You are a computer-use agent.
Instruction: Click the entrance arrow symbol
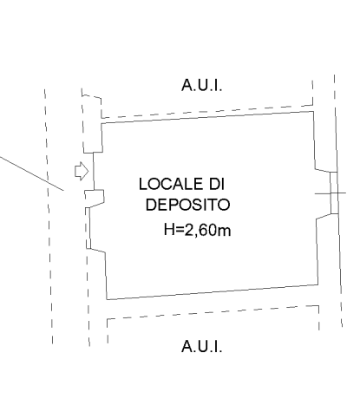pos(82,171)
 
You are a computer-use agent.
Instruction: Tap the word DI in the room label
pos(217,184)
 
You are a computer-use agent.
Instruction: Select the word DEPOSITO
pos(187,205)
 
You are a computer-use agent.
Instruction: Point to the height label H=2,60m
pos(197,230)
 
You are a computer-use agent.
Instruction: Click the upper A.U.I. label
pos(202,85)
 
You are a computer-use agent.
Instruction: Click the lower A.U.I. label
pos(202,346)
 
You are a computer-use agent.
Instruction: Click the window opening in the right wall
pos(334,193)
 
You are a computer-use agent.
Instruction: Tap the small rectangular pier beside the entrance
pos(95,197)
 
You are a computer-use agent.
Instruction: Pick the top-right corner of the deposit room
pos(313,111)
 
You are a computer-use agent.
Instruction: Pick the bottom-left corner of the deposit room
pos(107,299)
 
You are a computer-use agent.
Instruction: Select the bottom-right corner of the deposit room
pos(318,284)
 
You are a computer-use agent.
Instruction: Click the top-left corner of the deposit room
pos(101,123)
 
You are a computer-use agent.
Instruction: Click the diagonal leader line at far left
pos(32,173)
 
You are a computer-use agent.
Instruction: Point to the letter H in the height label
pos(169,230)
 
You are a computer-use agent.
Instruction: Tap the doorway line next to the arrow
pos(94,171)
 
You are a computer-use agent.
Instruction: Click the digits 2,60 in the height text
pos(197,230)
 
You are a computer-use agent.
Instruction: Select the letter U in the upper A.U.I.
pos(202,85)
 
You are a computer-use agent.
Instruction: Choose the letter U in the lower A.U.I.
pos(202,346)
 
